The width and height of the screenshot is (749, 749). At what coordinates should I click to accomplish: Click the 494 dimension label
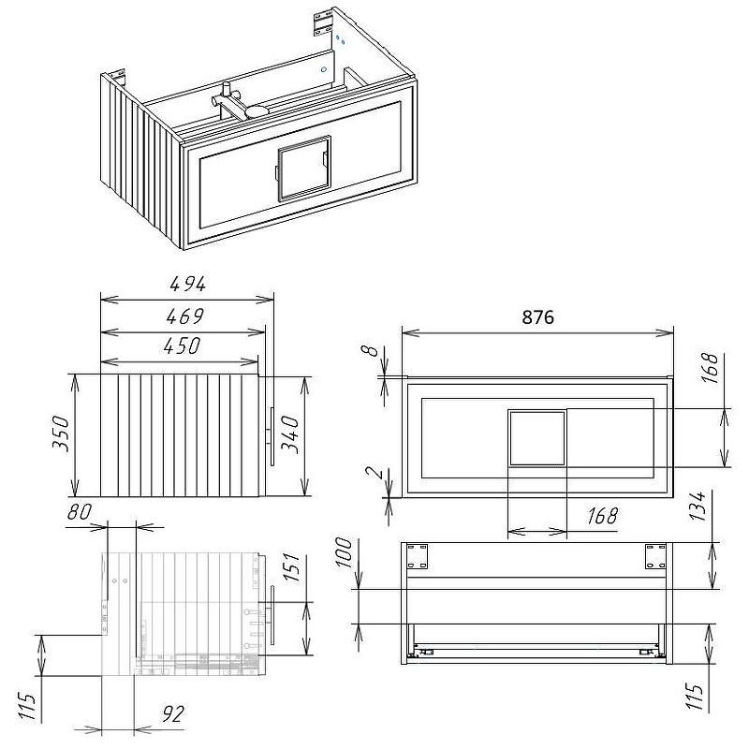coord(188,285)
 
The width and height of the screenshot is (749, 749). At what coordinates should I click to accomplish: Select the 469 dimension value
coord(184,316)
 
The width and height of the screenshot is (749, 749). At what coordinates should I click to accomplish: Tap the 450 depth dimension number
coord(182,345)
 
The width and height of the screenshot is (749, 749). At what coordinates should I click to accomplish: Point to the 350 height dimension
coord(61,433)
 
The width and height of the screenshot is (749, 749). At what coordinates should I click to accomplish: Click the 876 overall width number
coord(537,317)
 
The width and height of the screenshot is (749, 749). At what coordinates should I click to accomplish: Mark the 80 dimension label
coord(80,512)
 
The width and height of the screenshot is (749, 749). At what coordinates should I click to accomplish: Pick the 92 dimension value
coord(173,714)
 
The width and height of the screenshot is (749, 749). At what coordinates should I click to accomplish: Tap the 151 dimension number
coord(291,567)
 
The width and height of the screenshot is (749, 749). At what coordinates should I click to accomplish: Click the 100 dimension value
coord(344,552)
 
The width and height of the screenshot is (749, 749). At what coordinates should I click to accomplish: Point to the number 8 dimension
coord(369,351)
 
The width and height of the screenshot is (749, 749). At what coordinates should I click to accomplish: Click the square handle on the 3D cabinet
coord(304,168)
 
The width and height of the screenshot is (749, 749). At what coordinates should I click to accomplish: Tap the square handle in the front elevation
coord(537,438)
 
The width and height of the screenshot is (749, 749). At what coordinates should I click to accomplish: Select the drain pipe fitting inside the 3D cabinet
coord(239,104)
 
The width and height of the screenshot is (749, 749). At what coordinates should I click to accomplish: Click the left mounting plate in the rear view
coord(417,555)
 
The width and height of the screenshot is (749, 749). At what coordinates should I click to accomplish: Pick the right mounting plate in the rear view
coord(655,556)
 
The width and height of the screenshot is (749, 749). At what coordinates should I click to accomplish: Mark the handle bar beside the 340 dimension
coord(272,436)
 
